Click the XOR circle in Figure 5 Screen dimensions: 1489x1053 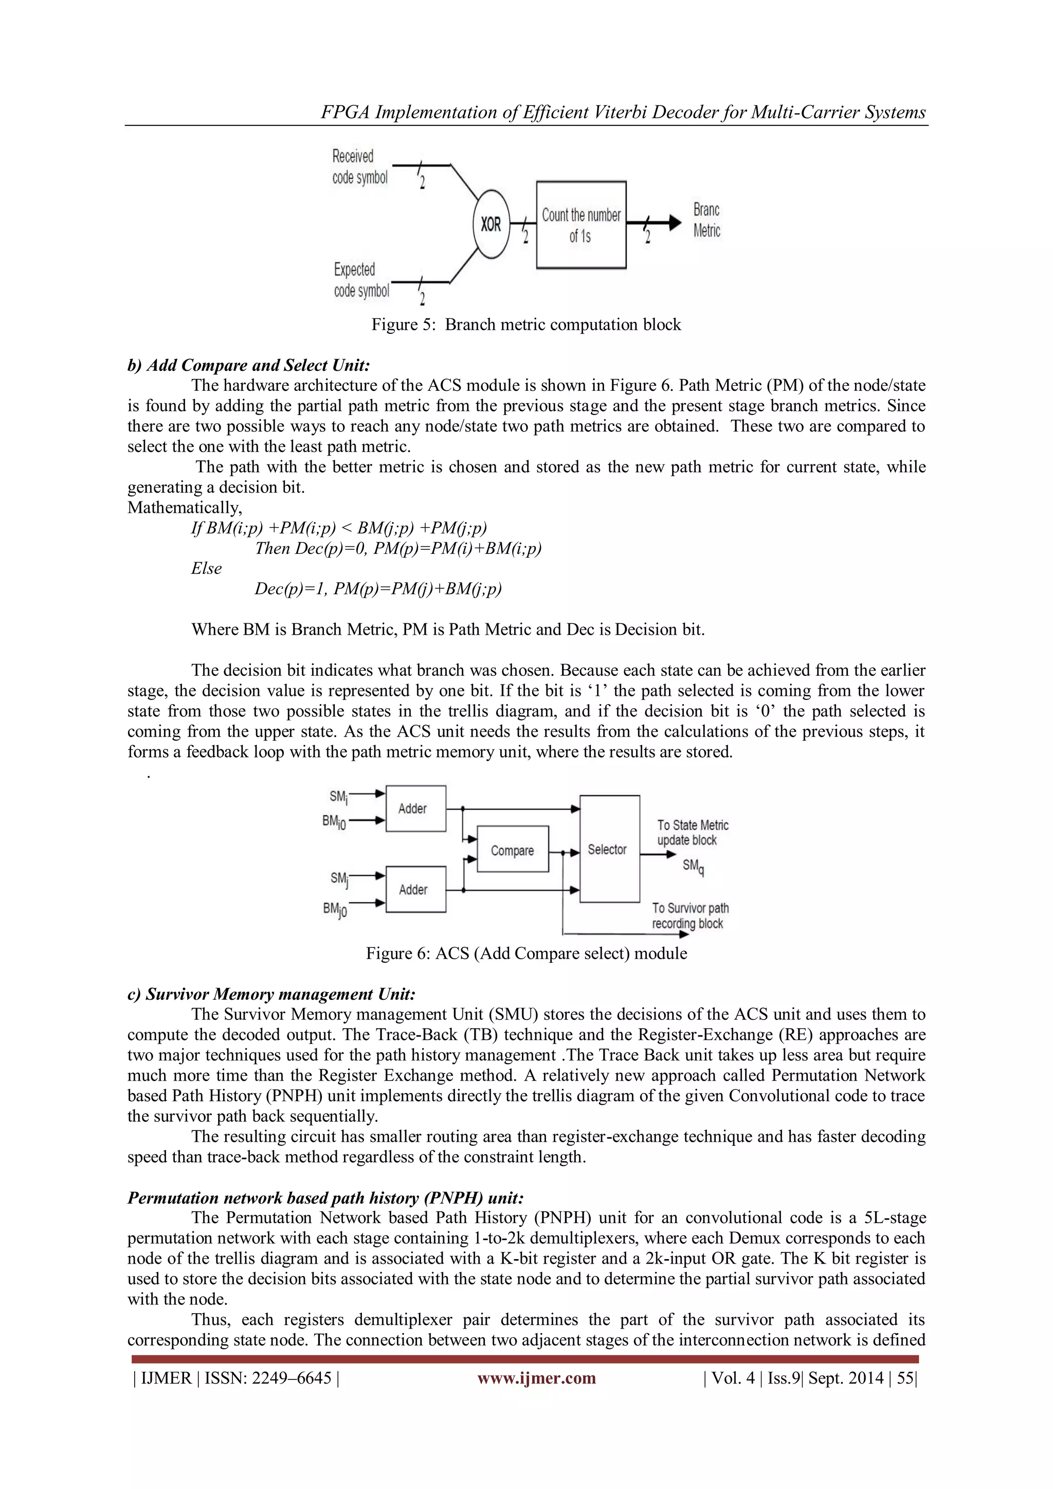click(x=491, y=224)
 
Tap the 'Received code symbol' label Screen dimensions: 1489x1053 click(x=359, y=167)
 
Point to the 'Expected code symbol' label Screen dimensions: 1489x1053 click(x=361, y=279)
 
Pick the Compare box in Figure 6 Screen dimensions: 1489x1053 click(x=512, y=850)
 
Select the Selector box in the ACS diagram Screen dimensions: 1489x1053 click(x=608, y=849)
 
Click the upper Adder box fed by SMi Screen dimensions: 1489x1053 click(x=415, y=808)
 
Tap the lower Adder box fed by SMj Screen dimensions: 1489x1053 click(x=415, y=889)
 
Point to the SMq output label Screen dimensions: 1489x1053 click(x=693, y=867)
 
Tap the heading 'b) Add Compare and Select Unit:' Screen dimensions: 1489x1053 click(x=248, y=365)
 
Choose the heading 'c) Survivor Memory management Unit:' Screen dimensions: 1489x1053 click(x=271, y=994)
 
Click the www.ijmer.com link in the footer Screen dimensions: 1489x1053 click(x=536, y=1377)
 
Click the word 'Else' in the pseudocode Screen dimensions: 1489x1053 click(x=206, y=568)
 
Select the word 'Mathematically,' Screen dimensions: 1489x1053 click(x=185, y=507)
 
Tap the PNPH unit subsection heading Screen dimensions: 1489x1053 click(x=325, y=1197)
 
